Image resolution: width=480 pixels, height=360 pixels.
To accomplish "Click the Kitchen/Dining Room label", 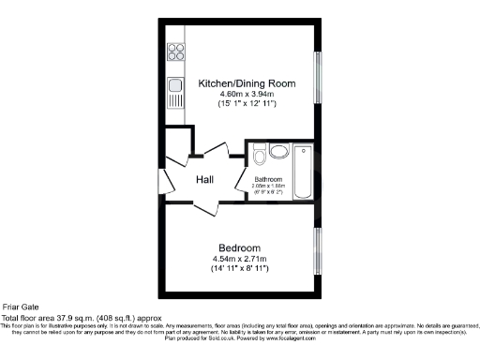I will [x=247, y=83].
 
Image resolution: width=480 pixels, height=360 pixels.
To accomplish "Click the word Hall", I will [x=208, y=179].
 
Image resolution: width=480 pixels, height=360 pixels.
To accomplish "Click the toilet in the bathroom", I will [x=278, y=151].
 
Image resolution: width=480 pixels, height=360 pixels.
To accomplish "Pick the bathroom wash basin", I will [x=257, y=150].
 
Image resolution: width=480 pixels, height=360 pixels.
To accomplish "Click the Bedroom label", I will [x=240, y=247].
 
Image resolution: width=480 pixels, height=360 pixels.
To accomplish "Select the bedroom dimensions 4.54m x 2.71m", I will [x=240, y=259].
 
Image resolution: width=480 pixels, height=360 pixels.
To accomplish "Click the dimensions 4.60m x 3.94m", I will [x=247, y=95].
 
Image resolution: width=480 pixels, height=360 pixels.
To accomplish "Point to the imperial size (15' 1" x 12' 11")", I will [x=247, y=105].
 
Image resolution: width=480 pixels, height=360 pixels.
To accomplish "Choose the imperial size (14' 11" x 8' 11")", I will [x=240, y=269].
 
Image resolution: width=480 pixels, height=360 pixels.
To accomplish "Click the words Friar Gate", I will [x=22, y=307].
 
